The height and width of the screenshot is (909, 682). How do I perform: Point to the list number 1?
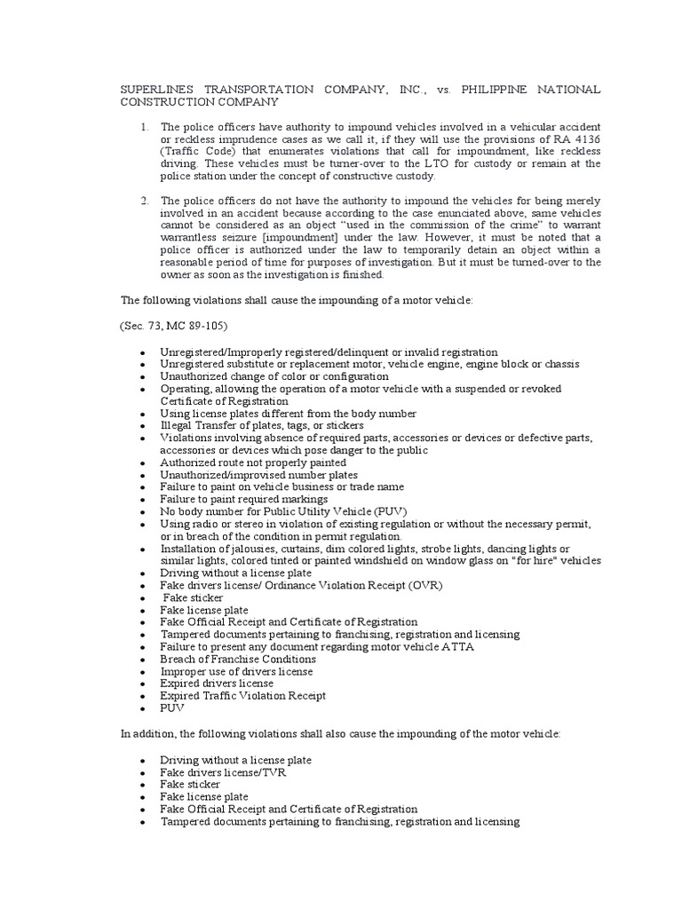point(144,128)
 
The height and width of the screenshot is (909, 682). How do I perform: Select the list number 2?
point(144,202)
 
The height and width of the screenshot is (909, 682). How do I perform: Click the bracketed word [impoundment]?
point(313,239)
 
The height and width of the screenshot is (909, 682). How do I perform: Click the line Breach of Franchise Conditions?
point(237,660)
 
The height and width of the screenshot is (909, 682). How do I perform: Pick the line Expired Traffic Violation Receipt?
point(242,696)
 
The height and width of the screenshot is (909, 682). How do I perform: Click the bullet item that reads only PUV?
point(170,708)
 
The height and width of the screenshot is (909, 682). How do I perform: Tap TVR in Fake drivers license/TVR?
point(274,772)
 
